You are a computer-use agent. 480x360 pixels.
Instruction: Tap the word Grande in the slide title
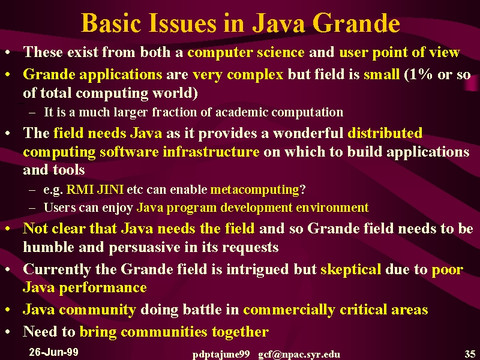[356, 23]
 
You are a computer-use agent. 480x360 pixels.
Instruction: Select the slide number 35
[470, 354]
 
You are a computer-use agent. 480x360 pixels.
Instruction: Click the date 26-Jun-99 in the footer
[53, 352]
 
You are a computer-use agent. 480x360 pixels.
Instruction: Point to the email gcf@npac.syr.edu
[299, 355]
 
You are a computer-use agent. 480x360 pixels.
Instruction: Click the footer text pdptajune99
[221, 355]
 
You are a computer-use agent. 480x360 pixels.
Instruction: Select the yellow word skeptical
[351, 269]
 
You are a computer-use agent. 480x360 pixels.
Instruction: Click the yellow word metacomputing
[254, 190]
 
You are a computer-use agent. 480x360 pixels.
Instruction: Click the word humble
[49, 247]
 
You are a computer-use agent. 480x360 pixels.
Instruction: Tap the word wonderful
[308, 133]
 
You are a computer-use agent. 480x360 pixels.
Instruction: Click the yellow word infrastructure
[211, 152]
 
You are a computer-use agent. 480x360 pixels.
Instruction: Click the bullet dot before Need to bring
[8, 332]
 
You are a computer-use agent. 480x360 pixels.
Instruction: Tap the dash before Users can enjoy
[32, 208]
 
